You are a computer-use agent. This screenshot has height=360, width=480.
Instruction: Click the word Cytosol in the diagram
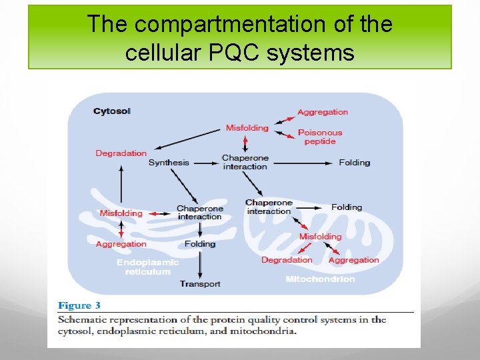112,111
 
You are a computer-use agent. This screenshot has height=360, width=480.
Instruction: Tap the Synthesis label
169,163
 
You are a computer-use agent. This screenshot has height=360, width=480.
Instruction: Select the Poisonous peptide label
320,137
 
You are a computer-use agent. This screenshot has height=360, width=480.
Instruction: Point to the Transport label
200,285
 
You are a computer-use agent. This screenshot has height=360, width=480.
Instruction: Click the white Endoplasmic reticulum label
147,267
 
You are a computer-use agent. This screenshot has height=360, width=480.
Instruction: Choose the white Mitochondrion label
320,279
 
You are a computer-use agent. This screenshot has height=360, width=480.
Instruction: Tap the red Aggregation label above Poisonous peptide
323,112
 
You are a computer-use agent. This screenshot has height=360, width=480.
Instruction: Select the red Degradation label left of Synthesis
121,153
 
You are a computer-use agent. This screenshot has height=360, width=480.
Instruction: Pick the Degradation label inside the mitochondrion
287,260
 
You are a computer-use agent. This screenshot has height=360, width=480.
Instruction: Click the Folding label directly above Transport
200,244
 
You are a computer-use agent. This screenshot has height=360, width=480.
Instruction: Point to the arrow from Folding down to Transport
200,264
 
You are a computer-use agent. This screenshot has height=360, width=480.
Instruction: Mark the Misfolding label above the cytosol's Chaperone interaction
247,128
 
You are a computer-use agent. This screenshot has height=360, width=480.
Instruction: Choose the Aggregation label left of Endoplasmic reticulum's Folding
121,244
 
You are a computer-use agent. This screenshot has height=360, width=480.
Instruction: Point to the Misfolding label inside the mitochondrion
320,237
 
